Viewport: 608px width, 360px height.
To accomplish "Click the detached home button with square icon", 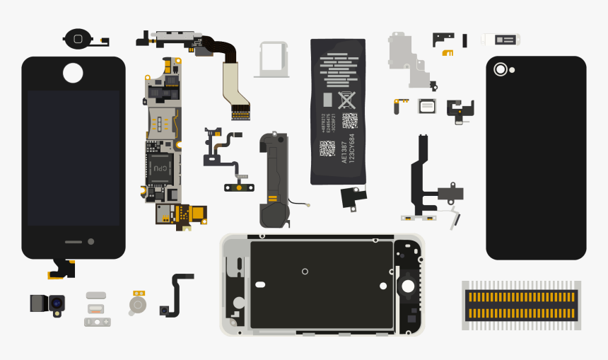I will pos(78,39).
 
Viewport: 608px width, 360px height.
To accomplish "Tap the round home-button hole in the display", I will pos(73,72).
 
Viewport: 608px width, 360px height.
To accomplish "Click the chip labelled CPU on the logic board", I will pos(160,168).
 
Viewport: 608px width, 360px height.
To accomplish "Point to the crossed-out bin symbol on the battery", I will pos(347,100).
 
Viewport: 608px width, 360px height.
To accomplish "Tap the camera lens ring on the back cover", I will pos(501,69).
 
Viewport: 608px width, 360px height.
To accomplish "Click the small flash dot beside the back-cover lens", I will pos(512,69).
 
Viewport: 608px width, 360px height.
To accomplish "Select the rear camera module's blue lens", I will pos(55,303).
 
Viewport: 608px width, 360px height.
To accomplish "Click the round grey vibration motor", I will pos(138,305).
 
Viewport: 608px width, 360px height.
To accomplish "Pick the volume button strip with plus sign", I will pos(98,322).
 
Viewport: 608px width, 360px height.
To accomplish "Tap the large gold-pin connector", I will pos(521,304).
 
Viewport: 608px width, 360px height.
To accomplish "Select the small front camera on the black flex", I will pos(165,311).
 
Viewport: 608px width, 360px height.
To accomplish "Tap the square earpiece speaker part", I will pos(426,106).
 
